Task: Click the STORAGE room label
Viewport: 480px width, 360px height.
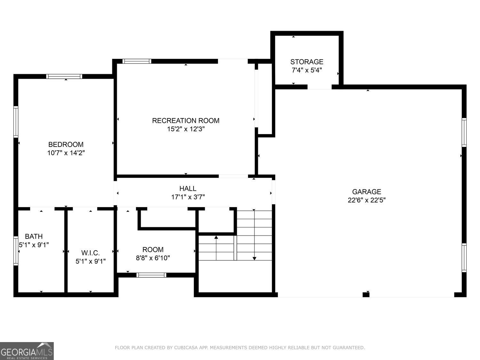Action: [x=307, y=62]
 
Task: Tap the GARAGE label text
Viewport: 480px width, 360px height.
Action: [x=366, y=192]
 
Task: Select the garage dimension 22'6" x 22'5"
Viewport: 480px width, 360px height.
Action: [x=366, y=200]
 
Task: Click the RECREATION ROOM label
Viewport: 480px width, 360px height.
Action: [x=186, y=121]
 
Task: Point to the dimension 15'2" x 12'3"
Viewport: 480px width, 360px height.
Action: [x=186, y=129]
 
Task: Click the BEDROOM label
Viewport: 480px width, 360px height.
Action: [x=66, y=144]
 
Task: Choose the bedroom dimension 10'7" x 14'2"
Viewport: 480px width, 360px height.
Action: [x=66, y=153]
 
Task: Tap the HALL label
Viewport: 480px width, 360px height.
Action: [x=188, y=188]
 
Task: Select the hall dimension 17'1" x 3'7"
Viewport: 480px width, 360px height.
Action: [x=188, y=197]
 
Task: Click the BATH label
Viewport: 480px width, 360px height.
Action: [x=34, y=236]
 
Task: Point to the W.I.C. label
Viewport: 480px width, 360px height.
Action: [x=90, y=253]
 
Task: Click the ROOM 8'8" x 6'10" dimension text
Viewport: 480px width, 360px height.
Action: [x=153, y=258]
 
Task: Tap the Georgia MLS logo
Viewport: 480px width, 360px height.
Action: [x=27, y=351]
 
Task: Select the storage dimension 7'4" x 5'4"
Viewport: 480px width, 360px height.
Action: [x=307, y=70]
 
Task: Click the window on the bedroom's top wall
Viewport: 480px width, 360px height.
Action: [x=64, y=76]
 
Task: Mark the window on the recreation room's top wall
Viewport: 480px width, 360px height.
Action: [x=137, y=61]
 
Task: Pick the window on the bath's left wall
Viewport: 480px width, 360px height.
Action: [x=16, y=251]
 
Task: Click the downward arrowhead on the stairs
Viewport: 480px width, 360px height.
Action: [x=254, y=258]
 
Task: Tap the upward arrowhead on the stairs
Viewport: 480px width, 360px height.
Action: [x=216, y=237]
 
